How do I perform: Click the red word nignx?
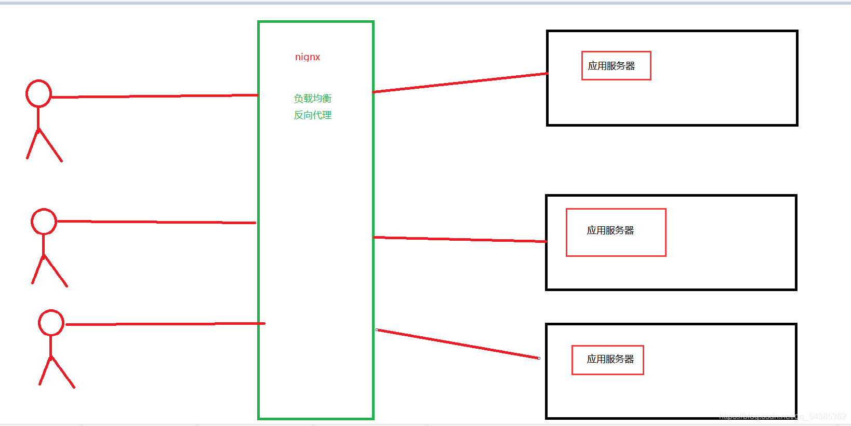pyautogui.click(x=308, y=57)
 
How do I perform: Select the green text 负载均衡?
pyautogui.click(x=312, y=99)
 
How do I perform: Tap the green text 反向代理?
pyautogui.click(x=312, y=115)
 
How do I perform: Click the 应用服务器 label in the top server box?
pyautogui.click(x=611, y=66)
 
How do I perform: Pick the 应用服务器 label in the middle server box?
pyautogui.click(x=610, y=230)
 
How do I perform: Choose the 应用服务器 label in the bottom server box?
pyautogui.click(x=610, y=359)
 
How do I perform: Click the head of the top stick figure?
pyautogui.click(x=39, y=94)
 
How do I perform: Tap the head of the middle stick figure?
pyautogui.click(x=44, y=222)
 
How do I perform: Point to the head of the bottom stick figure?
pyautogui.click(x=51, y=323)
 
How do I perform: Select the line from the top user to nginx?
pyautogui.click(x=156, y=96)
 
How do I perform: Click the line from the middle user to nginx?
pyautogui.click(x=156, y=222)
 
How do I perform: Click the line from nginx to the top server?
pyautogui.click(x=460, y=83)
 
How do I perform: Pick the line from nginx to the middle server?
pyautogui.click(x=460, y=239)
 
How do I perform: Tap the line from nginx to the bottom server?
pyautogui.click(x=457, y=343)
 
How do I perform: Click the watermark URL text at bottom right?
pyautogui.click(x=782, y=417)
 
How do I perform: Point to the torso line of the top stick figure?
pyautogui.click(x=38, y=118)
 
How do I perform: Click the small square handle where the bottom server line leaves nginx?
pyautogui.click(x=377, y=329)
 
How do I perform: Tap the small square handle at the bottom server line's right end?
pyautogui.click(x=539, y=358)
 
